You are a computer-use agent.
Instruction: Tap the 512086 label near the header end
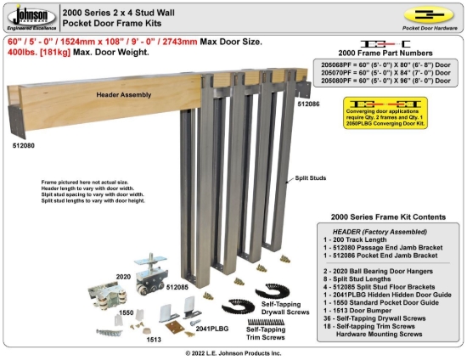tap(308, 103)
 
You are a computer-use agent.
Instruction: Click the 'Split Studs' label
tap(311, 178)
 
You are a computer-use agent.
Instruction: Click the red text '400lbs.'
tap(23, 53)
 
